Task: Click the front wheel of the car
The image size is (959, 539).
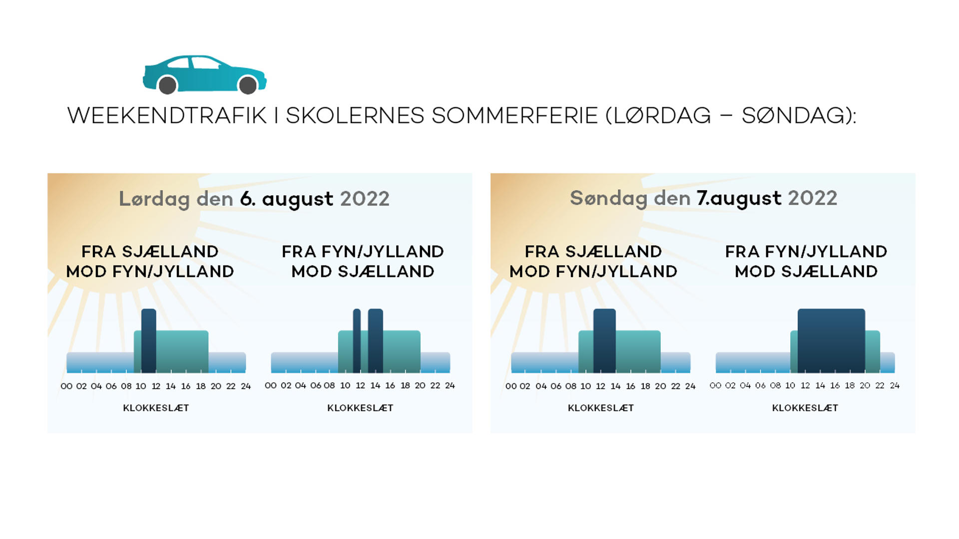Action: click(x=248, y=85)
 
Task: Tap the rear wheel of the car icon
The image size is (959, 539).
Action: click(x=168, y=85)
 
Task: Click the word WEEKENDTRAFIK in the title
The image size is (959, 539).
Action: click(x=167, y=116)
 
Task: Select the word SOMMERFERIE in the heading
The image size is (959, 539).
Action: click(x=514, y=116)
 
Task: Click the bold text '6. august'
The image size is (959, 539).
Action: click(x=287, y=199)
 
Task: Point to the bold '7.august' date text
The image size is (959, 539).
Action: click(x=739, y=199)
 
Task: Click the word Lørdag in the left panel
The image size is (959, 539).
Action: click(x=154, y=199)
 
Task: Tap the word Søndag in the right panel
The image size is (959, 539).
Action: click(x=609, y=199)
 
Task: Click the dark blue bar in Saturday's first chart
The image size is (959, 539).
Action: click(x=149, y=341)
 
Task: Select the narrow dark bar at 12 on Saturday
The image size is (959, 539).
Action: click(x=357, y=341)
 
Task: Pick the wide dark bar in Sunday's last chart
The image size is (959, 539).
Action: click(x=831, y=341)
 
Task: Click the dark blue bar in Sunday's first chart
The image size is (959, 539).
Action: click(x=604, y=341)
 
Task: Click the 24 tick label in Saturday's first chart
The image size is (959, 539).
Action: click(x=246, y=386)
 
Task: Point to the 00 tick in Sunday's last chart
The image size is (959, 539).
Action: click(x=715, y=386)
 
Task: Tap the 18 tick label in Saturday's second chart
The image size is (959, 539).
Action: click(x=405, y=386)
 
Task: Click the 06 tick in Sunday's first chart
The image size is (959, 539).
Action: click(x=556, y=386)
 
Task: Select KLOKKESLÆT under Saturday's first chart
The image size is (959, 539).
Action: click(x=156, y=408)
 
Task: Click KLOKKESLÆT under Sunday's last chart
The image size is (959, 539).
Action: click(x=805, y=408)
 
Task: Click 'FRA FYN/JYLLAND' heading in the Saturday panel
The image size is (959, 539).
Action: click(x=363, y=252)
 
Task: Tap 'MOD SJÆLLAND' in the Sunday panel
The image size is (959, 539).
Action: click(x=806, y=271)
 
